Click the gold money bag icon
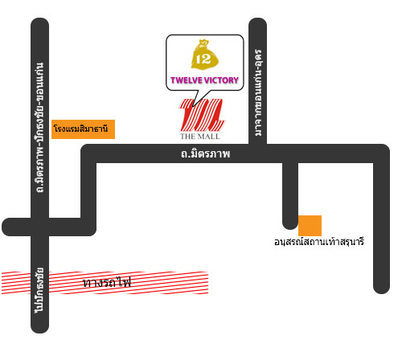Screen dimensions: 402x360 (205, 55)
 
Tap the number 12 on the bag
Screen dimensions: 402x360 (203, 59)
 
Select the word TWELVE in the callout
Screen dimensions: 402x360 (187, 80)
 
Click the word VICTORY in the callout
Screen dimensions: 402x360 (221, 80)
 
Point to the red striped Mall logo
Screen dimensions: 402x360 (202, 115)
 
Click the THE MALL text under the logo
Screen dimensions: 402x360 (200, 137)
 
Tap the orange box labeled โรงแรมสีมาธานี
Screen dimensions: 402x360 (83, 129)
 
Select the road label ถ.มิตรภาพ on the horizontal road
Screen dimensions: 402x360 (205, 153)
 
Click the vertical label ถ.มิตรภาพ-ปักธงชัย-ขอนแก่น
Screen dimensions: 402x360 (40, 128)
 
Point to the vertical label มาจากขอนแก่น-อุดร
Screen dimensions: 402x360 (258, 92)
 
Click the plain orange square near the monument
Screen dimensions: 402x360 (310, 226)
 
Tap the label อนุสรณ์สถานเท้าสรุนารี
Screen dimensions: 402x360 (319, 242)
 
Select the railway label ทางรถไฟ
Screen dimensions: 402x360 (107, 282)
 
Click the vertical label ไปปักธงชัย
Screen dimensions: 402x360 (39, 290)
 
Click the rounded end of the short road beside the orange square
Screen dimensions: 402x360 (290, 226)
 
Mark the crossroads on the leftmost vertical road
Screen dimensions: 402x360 (40, 227)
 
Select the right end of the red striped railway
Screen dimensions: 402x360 (207, 283)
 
